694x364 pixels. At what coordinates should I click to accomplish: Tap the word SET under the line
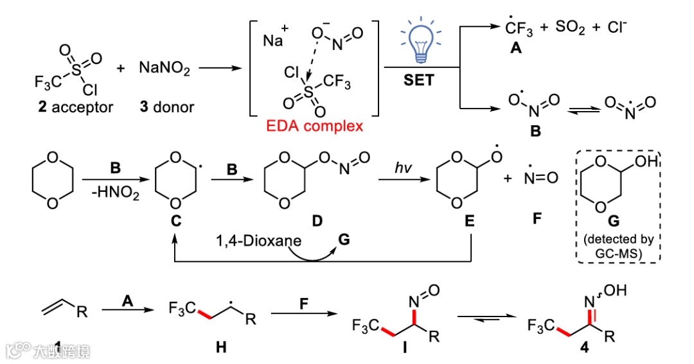pos(418,80)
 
